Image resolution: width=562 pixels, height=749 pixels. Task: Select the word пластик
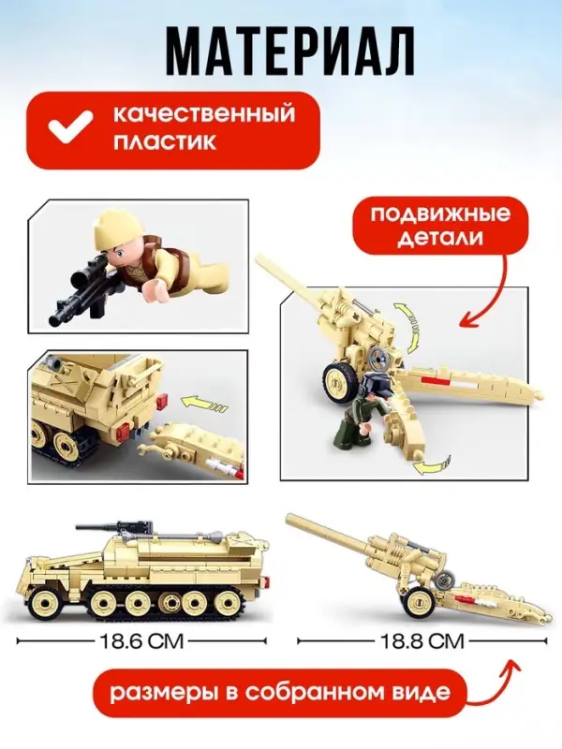(x=166, y=144)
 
